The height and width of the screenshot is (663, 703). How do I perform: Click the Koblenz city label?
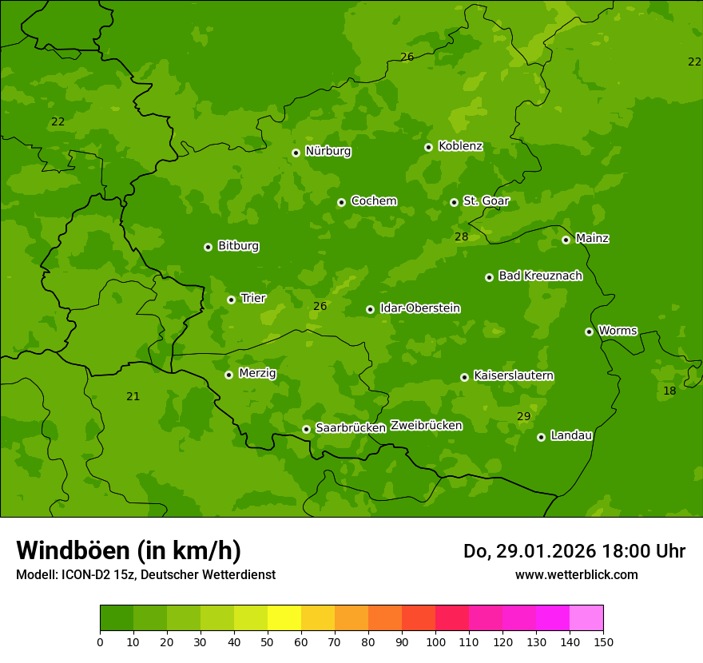[x=460, y=146]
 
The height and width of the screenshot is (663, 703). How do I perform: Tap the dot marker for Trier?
[x=231, y=300]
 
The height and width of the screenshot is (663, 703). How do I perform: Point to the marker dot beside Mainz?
[x=566, y=240]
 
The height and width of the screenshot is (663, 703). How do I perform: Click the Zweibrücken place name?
[x=426, y=425]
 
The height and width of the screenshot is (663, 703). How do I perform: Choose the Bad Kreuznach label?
[x=540, y=276]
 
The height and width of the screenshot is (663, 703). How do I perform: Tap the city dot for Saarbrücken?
[x=306, y=429]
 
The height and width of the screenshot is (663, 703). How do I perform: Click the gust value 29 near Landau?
[x=524, y=416]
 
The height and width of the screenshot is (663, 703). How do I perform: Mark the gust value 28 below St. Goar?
[x=462, y=236]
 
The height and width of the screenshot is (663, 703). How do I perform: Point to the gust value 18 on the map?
[x=669, y=391]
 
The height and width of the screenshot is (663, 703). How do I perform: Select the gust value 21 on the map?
[x=133, y=396]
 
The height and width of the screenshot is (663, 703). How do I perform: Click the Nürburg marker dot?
[x=296, y=153]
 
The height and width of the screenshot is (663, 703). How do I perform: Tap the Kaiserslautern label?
[x=514, y=375]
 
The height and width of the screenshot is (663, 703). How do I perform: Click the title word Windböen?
[x=73, y=550]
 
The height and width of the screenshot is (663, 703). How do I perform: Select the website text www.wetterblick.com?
[x=576, y=574]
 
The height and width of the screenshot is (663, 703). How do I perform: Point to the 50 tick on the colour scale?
[x=268, y=641]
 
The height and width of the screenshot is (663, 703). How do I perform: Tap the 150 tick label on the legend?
[x=603, y=641]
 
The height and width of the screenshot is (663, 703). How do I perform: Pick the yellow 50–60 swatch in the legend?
[x=284, y=618]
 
